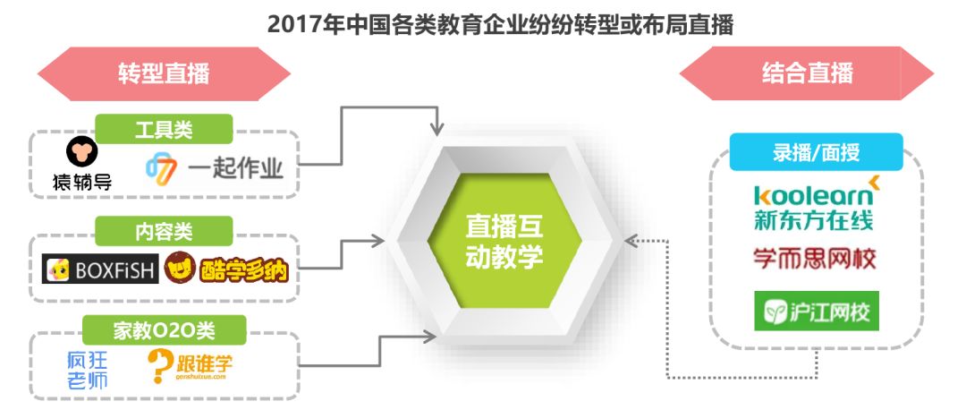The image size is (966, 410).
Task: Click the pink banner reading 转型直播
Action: [164, 73]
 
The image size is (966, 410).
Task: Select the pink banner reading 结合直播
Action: [807, 73]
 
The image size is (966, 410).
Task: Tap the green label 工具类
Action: [164, 130]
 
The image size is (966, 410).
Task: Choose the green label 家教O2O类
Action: [164, 329]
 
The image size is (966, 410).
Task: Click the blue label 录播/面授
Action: [816, 151]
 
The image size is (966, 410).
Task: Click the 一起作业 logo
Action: [215, 167]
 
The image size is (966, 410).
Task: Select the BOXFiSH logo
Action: [100, 269]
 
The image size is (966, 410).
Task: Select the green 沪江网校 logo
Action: [816, 312]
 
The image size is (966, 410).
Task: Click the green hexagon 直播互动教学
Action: [504, 240]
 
